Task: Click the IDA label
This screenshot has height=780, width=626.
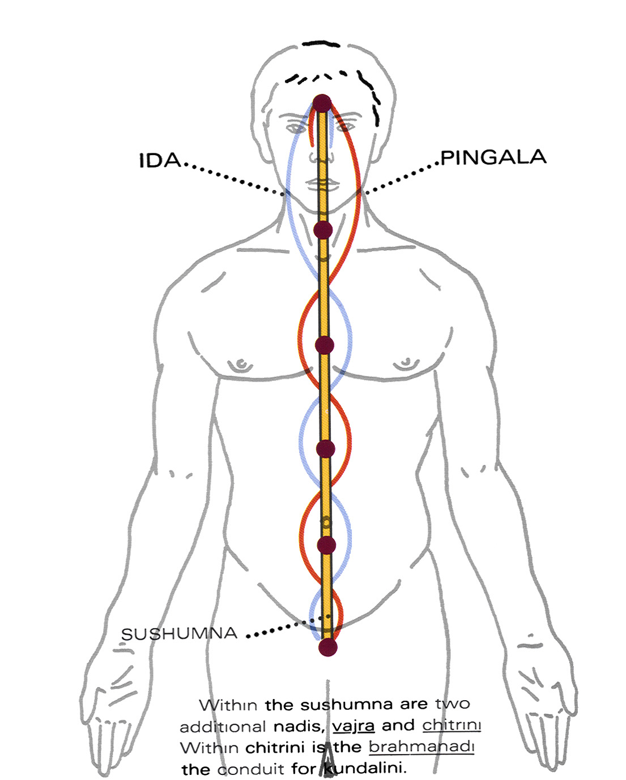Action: click(x=160, y=160)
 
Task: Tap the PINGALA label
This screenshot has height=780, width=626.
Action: click(x=493, y=157)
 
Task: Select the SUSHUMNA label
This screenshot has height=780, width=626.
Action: click(x=180, y=633)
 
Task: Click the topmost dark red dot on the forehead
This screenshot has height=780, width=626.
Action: click(x=322, y=104)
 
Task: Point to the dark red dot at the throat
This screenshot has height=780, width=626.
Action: click(x=323, y=230)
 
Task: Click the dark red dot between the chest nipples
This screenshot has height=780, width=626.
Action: click(x=324, y=345)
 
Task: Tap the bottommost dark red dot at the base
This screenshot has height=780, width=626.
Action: click(x=327, y=647)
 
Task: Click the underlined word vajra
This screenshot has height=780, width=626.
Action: click(x=353, y=726)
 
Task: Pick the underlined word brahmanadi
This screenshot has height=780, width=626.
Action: click(x=421, y=747)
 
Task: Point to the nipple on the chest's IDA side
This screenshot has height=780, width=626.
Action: click(x=242, y=362)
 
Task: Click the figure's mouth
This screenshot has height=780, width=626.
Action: click(x=321, y=183)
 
